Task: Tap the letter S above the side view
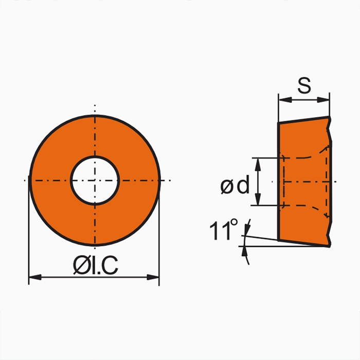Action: (x=304, y=86)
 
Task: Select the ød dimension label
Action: (x=235, y=186)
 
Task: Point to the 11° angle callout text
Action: (x=223, y=230)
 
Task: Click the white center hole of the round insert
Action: (x=95, y=180)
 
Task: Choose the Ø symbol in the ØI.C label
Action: (x=80, y=265)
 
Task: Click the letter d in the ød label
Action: (x=243, y=186)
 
